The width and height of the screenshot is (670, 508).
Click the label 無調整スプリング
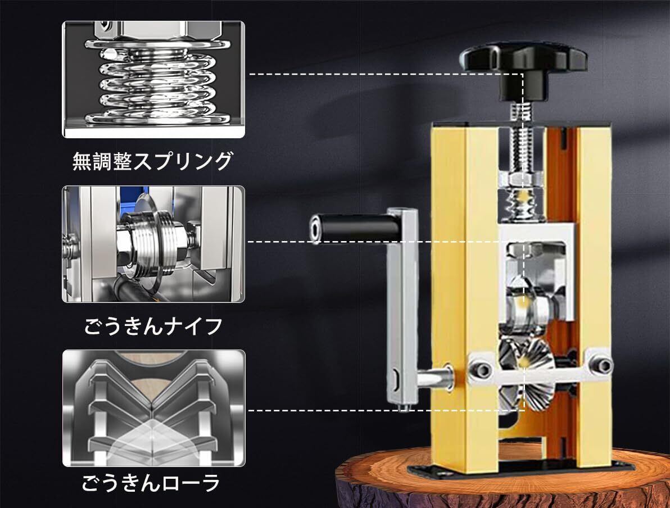point(152,161)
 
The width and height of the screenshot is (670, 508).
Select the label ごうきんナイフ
point(153,326)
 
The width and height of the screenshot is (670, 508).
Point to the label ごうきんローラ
point(151,483)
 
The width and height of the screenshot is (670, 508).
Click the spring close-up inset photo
point(154,79)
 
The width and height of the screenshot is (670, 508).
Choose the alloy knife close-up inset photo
point(154,244)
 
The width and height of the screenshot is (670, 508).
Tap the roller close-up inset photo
point(154,408)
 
